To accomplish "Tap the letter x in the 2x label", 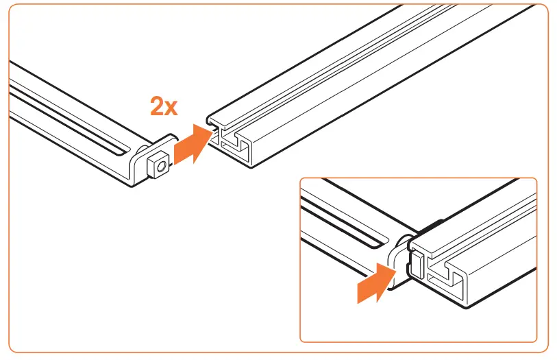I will click(x=172, y=108).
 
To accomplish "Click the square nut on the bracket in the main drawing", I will click(x=158, y=164).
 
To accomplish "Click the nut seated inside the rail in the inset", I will click(x=417, y=262).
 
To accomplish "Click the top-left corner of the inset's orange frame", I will click(x=301, y=180).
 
